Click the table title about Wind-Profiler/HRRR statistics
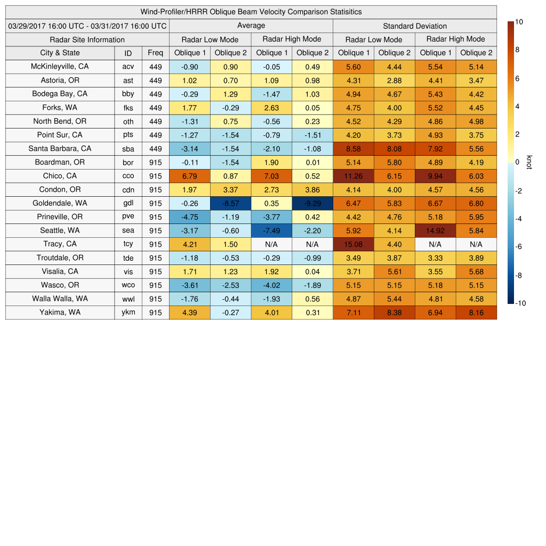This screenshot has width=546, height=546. pos(251,12)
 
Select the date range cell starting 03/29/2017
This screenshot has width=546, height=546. pos(87,26)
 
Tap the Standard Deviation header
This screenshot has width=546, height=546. pos(414,26)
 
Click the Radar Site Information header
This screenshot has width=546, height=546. pos(87,39)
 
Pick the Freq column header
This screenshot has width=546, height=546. pos(155,53)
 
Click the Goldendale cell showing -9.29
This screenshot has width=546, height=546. pos(312,203)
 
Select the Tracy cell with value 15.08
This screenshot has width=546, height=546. pos(353,244)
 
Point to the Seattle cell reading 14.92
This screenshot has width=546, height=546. pos(435,230)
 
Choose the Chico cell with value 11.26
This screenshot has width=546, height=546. pos(353,176)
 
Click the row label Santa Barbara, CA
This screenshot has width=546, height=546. pos(60,148)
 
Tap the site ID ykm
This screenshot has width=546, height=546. pos(128,312)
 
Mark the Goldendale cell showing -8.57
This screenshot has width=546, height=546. pos(230,203)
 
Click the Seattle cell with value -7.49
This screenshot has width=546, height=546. pos(271,230)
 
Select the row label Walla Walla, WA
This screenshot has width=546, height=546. pos(60,299)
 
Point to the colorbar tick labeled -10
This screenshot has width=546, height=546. pos(521,303)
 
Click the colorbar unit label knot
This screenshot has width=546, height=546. pos(529,162)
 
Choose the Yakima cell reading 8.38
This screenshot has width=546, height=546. pos(394,312)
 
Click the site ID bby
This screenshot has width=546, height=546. pos(128,94)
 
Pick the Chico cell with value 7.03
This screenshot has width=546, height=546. pos(271,176)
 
